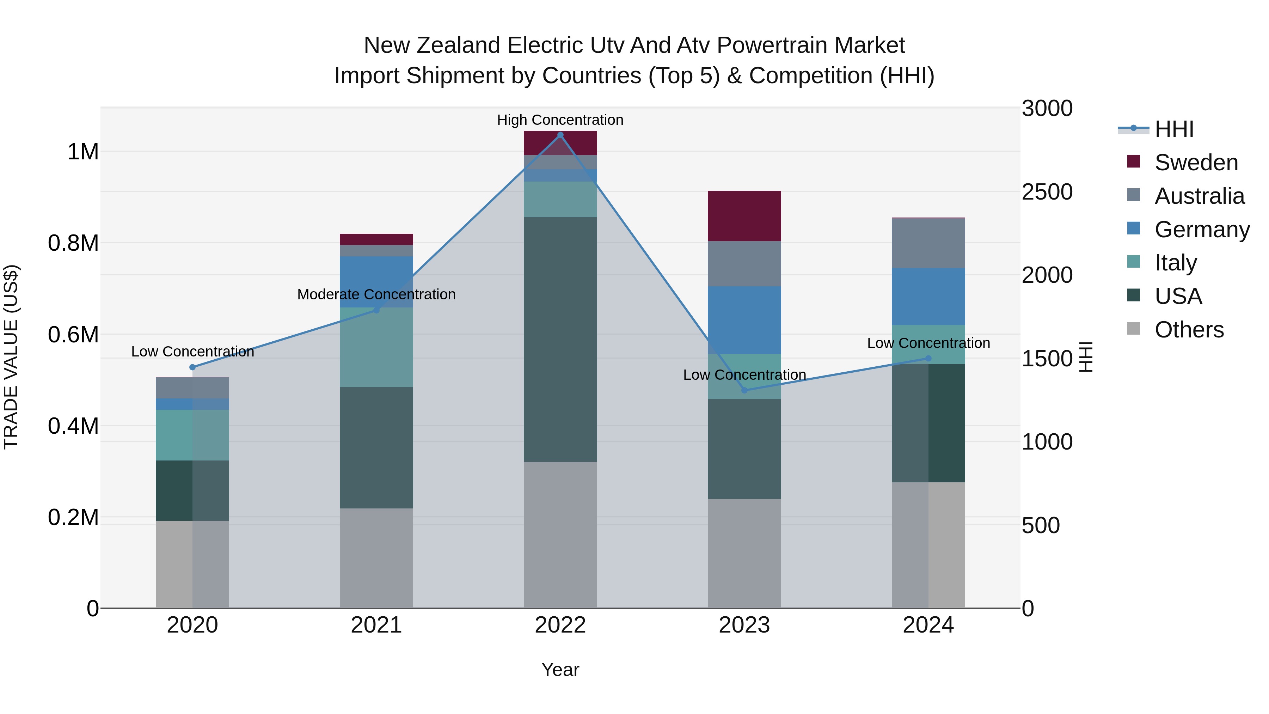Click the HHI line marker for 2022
pyautogui.click(x=560, y=135)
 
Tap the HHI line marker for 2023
pyautogui.click(x=744, y=390)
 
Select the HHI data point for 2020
pyautogui.click(x=192, y=367)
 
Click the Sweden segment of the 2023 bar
pyautogui.click(x=744, y=216)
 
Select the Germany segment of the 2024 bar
pyautogui.click(x=928, y=296)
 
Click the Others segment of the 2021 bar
pyautogui.click(x=376, y=558)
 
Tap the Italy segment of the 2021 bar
pyautogui.click(x=376, y=347)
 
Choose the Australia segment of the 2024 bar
pyautogui.click(x=928, y=243)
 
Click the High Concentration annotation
pyautogui.click(x=560, y=120)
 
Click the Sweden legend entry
pyautogui.click(x=1196, y=163)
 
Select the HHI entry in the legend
pyautogui.click(x=1174, y=129)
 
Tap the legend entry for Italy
pyautogui.click(x=1175, y=263)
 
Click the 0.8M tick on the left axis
pyautogui.click(x=73, y=243)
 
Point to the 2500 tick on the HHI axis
pyautogui.click(x=1047, y=192)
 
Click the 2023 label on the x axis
pyautogui.click(x=744, y=625)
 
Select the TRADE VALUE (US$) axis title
pyautogui.click(x=11, y=357)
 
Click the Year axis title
pyautogui.click(x=560, y=670)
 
